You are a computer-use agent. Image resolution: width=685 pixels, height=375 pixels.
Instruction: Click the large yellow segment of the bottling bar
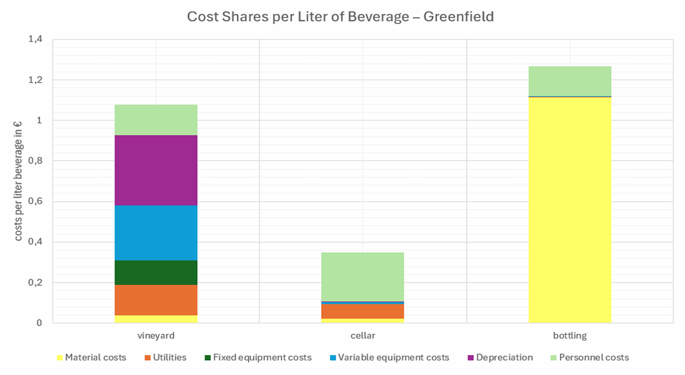coord(570,211)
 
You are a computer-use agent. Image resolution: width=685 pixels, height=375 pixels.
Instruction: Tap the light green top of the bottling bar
coord(570,81)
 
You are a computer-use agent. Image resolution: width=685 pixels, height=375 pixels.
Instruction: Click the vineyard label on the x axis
coord(156,336)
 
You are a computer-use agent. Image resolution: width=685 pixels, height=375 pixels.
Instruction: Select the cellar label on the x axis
coord(363,336)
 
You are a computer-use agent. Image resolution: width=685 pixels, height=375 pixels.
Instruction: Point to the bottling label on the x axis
coord(570,336)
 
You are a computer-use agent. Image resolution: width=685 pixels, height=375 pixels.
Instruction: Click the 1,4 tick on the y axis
coord(36,39)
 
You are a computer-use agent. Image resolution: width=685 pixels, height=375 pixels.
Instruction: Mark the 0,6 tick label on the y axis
coord(36,201)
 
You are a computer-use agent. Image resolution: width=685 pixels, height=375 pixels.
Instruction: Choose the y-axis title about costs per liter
coord(19,181)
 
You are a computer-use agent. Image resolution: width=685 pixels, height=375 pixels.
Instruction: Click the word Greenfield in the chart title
coord(458,17)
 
